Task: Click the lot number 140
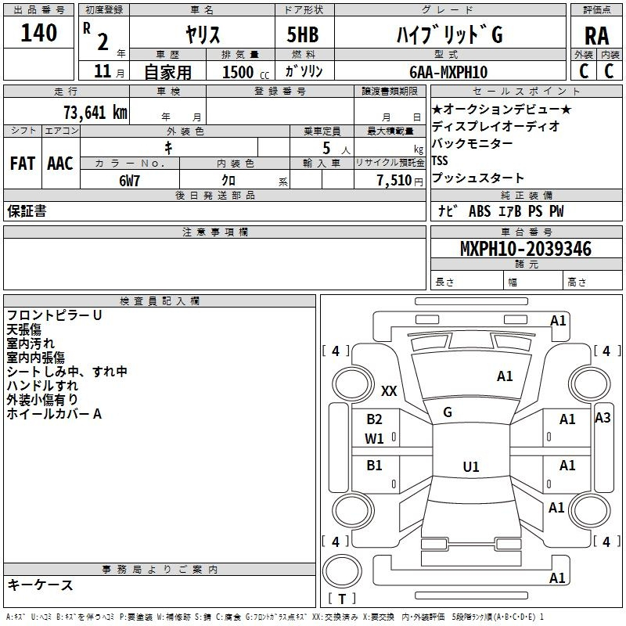click(39, 33)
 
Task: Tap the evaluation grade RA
click(596, 35)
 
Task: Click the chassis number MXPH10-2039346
click(525, 249)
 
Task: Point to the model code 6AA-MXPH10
click(449, 71)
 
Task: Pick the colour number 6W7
click(130, 180)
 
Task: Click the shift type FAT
click(23, 164)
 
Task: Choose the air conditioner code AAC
click(60, 164)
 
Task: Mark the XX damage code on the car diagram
click(390, 390)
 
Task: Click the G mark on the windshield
click(448, 412)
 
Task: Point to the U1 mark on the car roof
click(470, 467)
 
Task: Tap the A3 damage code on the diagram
click(603, 418)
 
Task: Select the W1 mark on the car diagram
click(375, 439)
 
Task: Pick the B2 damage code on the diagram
click(375, 419)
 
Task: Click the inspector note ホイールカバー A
click(55, 414)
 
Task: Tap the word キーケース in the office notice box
click(41, 585)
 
